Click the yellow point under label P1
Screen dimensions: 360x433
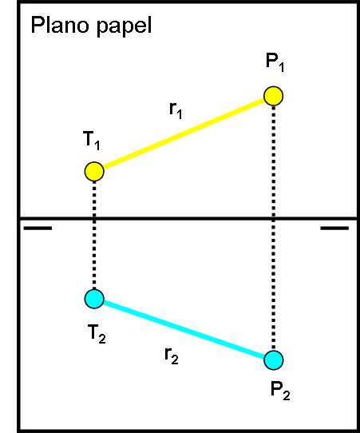273,96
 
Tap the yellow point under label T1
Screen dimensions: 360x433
94,172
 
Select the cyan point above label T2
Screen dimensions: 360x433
94,299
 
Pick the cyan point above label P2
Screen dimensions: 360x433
273,360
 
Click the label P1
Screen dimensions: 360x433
275,62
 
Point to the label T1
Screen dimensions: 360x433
91,141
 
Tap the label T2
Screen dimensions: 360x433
97,334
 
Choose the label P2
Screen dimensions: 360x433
280,391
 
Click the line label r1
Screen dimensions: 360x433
176,110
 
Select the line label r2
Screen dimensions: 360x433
172,356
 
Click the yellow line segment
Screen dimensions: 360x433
184,134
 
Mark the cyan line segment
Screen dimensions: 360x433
184,329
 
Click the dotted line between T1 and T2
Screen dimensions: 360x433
94,236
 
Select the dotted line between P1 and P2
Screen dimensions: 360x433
273,228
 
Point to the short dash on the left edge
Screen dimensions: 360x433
38,228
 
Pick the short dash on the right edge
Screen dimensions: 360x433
334,228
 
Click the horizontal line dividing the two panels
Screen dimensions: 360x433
188,219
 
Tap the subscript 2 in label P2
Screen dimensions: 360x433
287,395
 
